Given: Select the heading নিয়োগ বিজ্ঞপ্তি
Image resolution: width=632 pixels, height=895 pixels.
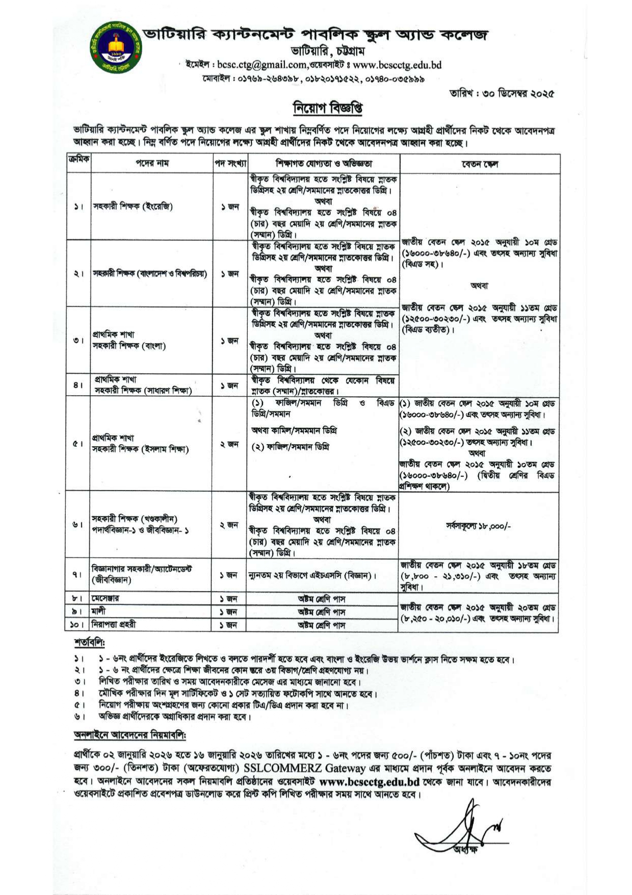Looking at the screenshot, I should (x=327, y=108).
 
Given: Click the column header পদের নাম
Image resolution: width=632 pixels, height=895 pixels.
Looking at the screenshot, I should (x=152, y=164).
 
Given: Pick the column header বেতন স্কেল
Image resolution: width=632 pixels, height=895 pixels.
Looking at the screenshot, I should (x=479, y=164).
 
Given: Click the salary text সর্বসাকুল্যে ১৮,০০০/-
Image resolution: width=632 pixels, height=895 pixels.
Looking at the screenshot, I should (x=478, y=526).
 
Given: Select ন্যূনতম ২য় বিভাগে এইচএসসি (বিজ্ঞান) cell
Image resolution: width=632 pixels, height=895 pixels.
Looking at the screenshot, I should (x=312, y=575).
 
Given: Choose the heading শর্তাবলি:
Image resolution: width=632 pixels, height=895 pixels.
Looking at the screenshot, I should (x=89, y=642).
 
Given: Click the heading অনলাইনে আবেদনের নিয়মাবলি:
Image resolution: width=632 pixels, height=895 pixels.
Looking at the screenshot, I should (x=130, y=735).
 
